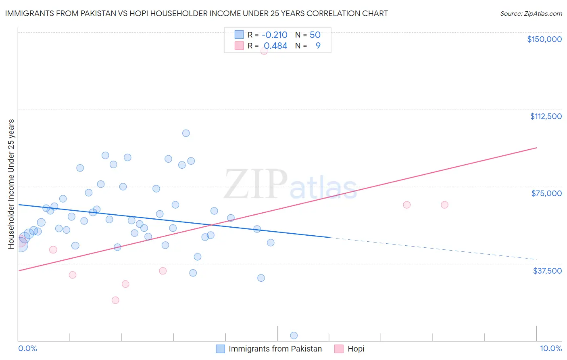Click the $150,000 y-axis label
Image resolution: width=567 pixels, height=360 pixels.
point(544,39)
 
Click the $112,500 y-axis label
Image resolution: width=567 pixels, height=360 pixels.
point(546,116)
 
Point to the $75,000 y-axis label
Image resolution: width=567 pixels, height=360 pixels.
point(546,193)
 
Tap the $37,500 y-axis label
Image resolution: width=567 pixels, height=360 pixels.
point(547,271)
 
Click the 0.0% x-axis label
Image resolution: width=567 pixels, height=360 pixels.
point(27,348)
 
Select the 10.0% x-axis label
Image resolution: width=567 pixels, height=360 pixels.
point(550,348)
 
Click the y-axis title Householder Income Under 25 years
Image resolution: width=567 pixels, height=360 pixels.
point(11,184)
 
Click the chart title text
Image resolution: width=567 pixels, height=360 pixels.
point(196,13)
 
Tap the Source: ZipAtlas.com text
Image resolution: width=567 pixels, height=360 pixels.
point(531,14)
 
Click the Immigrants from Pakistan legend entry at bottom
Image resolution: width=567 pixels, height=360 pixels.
point(275,349)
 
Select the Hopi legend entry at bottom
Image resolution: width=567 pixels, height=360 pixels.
point(356,349)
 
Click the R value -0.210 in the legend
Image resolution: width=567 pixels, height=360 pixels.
point(274,35)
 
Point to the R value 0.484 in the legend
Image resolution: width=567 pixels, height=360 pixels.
point(275,46)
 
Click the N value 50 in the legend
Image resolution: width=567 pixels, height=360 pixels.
point(315,35)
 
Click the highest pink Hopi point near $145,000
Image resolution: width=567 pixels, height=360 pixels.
point(264,50)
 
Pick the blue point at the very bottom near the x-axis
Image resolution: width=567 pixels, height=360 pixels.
point(294,335)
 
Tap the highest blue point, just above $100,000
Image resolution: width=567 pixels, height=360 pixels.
point(186,133)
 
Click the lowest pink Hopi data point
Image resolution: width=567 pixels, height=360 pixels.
point(115,300)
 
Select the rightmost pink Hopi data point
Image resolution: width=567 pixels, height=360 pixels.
point(444,205)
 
